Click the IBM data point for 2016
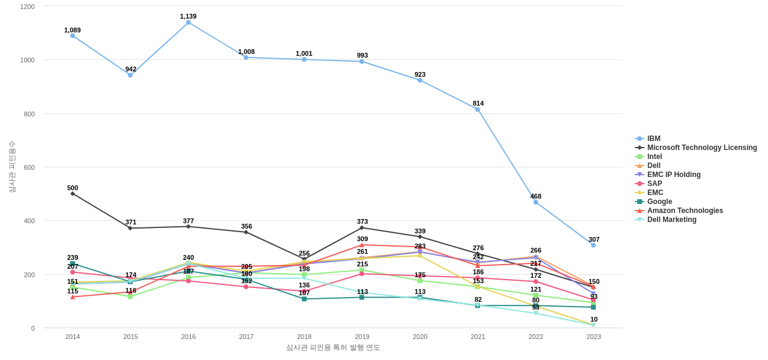coord(188,23)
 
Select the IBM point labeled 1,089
coord(73,36)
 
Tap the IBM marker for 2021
coord(478,110)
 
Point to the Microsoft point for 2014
coord(73,194)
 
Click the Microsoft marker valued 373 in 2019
coord(362,228)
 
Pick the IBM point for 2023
coord(593,245)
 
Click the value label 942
coord(131,69)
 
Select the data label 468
coord(536,196)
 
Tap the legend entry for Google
coord(659,202)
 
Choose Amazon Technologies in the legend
coord(685,211)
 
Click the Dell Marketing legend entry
coord(671,220)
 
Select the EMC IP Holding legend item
coord(673,175)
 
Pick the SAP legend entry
coord(655,184)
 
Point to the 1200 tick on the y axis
coord(28,7)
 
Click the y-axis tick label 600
coord(29,167)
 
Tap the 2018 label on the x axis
coord(304,337)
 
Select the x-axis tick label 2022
coord(536,337)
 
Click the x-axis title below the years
coord(333,347)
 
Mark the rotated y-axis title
coord(12,167)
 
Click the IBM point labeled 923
coord(420,80)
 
